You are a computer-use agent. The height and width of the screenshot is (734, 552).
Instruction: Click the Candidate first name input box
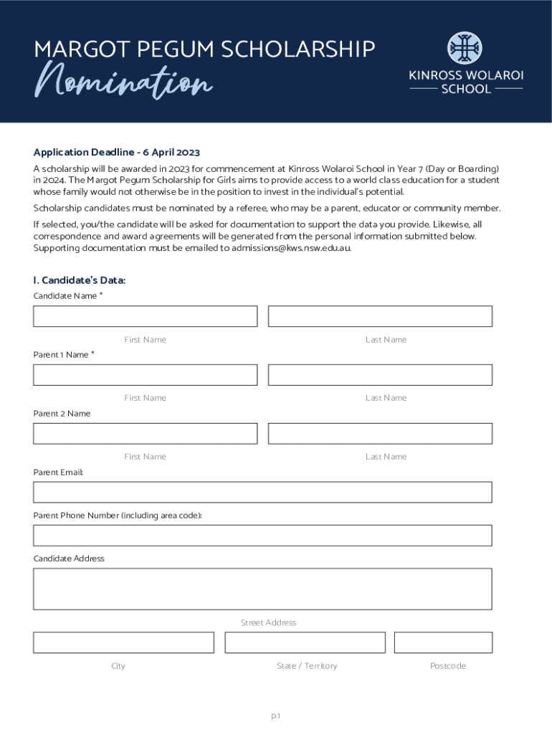tap(145, 316)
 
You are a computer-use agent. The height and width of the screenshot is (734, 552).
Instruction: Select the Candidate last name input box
tap(380, 316)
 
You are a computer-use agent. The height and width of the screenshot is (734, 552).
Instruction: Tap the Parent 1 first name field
tap(145, 375)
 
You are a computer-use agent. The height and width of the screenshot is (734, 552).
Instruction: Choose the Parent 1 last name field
tap(380, 375)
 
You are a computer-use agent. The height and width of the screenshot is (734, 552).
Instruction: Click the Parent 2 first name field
tap(145, 434)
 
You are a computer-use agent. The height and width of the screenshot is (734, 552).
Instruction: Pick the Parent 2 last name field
tap(380, 434)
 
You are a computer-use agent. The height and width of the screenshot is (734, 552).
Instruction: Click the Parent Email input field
tap(262, 492)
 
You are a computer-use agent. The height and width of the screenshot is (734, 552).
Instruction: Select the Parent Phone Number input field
tap(262, 535)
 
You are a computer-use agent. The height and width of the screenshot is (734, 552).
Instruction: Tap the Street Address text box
tap(262, 588)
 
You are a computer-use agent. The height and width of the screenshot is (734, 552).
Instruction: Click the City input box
tap(123, 642)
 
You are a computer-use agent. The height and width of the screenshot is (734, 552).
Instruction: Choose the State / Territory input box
tap(305, 642)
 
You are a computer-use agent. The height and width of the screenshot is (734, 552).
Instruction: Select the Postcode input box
tap(443, 642)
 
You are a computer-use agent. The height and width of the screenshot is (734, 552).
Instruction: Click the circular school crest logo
tap(465, 48)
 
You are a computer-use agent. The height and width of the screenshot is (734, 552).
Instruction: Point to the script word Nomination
tap(124, 82)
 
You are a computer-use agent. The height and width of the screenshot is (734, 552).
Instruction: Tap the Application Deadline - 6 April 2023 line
tap(116, 152)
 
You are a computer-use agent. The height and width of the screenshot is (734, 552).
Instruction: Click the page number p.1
tap(275, 715)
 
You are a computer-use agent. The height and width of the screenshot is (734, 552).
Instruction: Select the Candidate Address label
tap(69, 558)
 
